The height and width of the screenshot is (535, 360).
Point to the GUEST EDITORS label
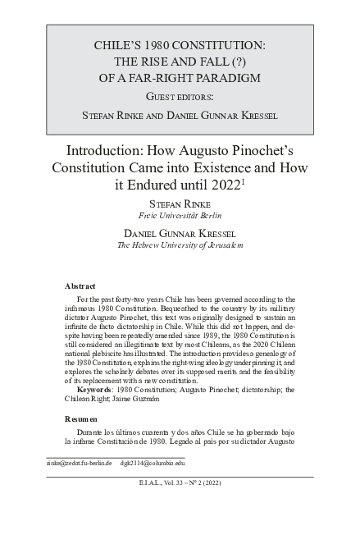(x=180, y=97)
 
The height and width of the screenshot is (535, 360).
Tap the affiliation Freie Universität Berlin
(x=180, y=217)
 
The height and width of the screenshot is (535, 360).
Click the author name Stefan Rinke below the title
(x=180, y=204)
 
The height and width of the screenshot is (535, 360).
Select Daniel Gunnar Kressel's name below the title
(x=180, y=234)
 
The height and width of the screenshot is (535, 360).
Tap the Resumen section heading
(x=81, y=418)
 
